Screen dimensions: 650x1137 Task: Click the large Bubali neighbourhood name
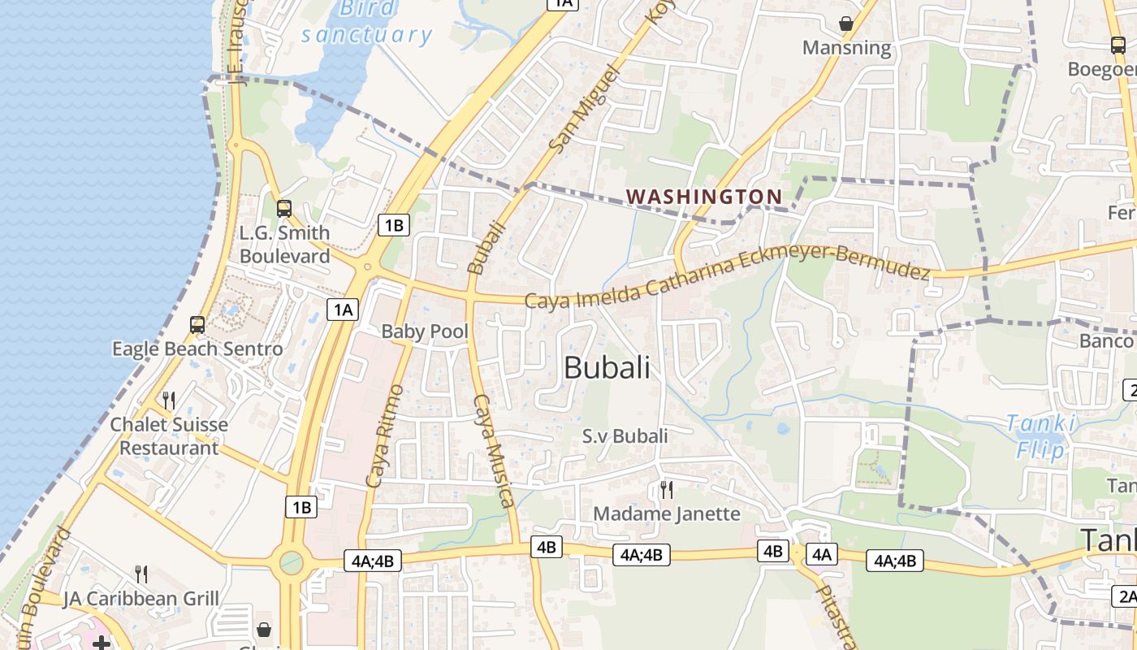[607, 367]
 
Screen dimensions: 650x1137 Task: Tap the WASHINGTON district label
[704, 197]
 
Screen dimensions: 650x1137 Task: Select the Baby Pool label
[425, 331]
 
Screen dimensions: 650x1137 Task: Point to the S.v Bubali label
[625, 436]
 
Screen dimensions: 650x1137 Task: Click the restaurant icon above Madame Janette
[667, 489]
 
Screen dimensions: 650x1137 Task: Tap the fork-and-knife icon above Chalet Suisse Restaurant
[169, 400]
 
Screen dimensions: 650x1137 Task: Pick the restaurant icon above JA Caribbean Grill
[141, 574]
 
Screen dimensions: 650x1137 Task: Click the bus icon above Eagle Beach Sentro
[197, 325]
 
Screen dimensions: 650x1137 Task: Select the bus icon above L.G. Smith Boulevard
[283, 208]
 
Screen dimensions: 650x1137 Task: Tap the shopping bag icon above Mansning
[846, 24]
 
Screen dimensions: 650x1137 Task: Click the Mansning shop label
[846, 48]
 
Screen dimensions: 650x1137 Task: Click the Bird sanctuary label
[367, 22]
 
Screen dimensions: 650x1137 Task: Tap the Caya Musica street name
[495, 451]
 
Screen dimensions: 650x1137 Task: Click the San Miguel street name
[584, 109]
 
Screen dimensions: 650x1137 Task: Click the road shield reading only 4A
[822, 554]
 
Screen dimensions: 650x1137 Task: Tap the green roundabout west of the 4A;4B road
[291, 561]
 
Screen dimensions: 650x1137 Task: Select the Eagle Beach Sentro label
[197, 349]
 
